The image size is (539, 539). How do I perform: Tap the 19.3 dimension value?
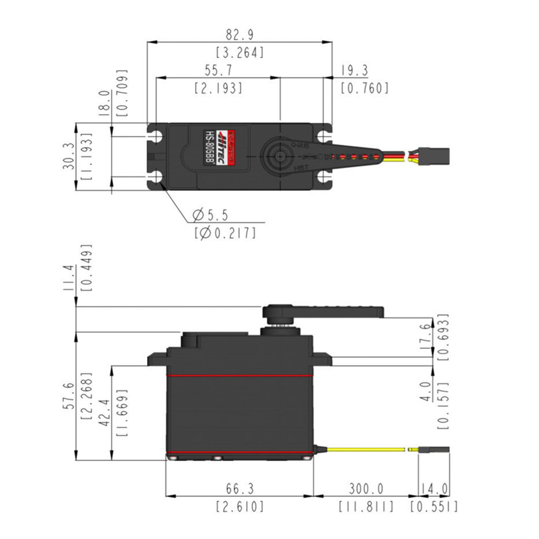pyautogui.click(x=354, y=71)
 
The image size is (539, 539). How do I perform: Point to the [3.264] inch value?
pyautogui.click(x=240, y=53)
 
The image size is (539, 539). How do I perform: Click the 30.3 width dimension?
pyautogui.click(x=68, y=156)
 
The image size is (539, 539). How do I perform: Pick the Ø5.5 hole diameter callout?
pyautogui.click(x=210, y=215)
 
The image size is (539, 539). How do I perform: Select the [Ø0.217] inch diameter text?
pyautogui.click(x=225, y=233)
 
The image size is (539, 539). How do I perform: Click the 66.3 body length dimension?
pyautogui.click(x=239, y=489)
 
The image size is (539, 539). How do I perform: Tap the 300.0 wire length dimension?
pyautogui.click(x=366, y=489)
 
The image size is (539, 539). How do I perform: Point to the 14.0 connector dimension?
pyautogui.click(x=434, y=489)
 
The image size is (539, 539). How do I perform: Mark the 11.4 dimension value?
pyautogui.click(x=68, y=278)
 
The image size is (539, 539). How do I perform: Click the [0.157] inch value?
pyautogui.click(x=444, y=404)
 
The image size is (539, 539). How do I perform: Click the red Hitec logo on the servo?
pyautogui.click(x=230, y=148)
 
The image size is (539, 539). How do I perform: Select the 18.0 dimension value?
pyautogui.click(x=104, y=103)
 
